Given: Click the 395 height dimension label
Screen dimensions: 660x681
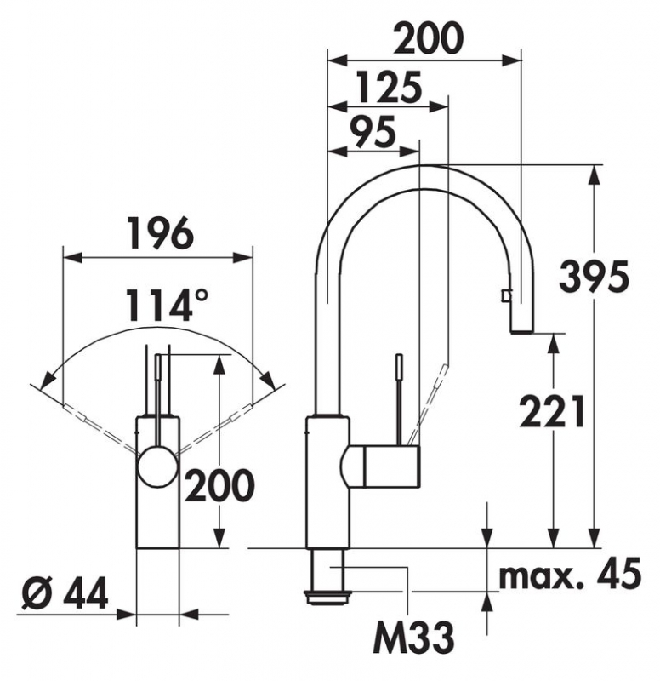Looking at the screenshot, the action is tap(594, 277).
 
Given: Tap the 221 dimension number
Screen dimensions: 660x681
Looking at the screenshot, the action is tap(551, 411).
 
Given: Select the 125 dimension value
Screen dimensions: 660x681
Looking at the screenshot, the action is tap(389, 87).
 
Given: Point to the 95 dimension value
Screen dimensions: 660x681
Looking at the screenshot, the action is tap(373, 131).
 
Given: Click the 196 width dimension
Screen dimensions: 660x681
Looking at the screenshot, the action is tap(161, 232).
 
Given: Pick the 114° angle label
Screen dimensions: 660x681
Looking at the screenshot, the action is tap(167, 306).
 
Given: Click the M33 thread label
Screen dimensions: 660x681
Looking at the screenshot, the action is tap(413, 638).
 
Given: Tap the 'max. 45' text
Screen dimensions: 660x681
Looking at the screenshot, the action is tap(570, 573).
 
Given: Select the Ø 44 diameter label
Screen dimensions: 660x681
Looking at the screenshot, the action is tap(65, 594).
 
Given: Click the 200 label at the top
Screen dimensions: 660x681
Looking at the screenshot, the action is tap(429, 38).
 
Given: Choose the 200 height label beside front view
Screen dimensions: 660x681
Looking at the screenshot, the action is tap(219, 484).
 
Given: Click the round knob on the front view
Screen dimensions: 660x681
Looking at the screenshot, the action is tap(158, 467).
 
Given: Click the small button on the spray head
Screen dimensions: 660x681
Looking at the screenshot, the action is tap(505, 296).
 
